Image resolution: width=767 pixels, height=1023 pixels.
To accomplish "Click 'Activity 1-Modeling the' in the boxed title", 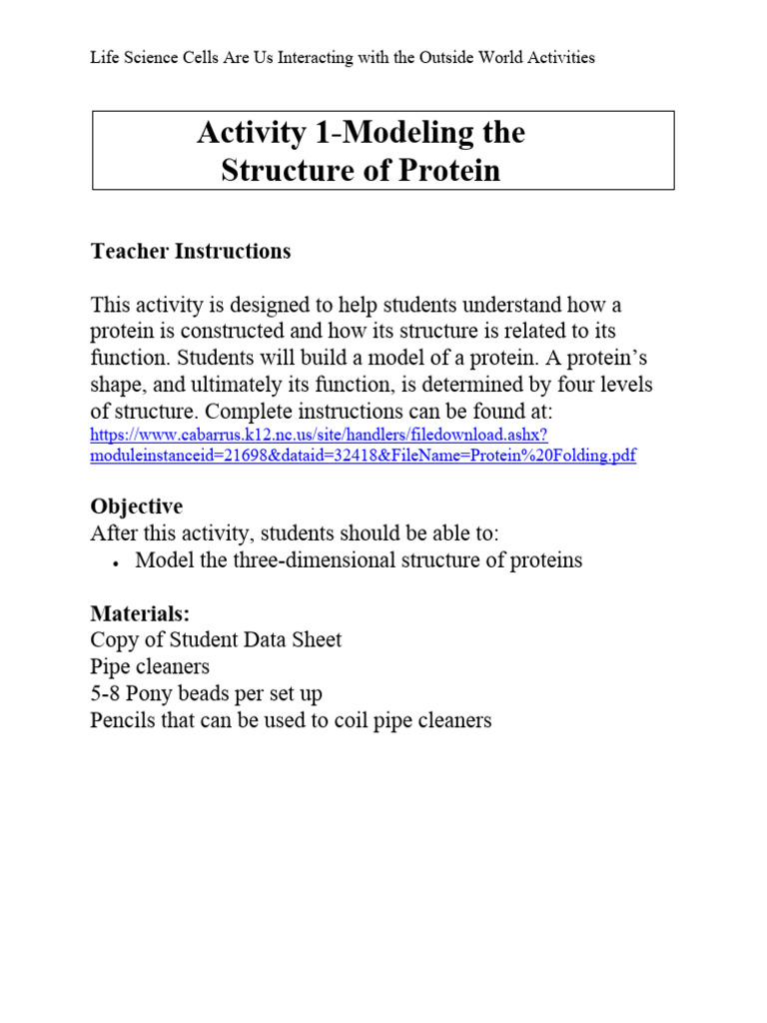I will (x=361, y=133).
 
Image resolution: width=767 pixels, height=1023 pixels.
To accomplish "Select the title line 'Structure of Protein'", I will (x=361, y=171).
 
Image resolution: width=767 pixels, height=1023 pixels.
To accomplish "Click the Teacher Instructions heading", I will (x=191, y=251).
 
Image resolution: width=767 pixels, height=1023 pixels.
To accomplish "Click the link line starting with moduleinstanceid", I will (x=363, y=456).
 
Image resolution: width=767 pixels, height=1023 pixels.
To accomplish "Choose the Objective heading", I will (x=137, y=506).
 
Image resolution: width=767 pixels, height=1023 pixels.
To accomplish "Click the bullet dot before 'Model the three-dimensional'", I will (x=116, y=562).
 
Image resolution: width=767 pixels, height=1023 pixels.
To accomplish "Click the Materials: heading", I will (x=140, y=612).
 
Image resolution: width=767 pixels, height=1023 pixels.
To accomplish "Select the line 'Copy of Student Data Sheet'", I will (x=216, y=639).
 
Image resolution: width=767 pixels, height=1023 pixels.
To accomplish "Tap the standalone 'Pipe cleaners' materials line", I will (x=150, y=666).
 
